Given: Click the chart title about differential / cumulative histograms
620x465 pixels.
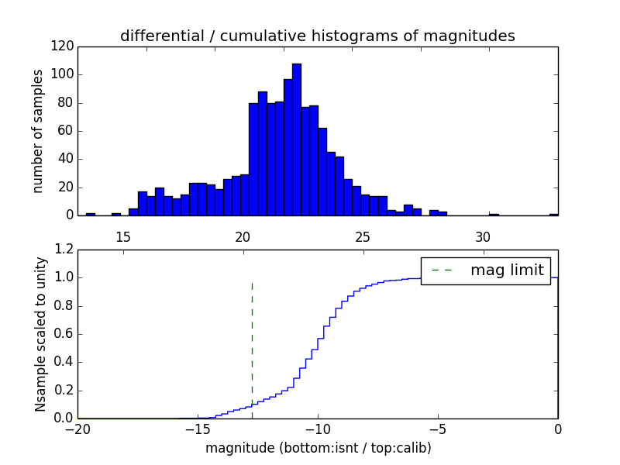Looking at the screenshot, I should click(x=317, y=36).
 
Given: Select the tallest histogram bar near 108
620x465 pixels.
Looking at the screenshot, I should click(x=297, y=139).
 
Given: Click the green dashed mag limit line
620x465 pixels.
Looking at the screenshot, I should click(x=252, y=349).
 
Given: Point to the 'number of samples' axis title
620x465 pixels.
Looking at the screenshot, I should click(x=38, y=131).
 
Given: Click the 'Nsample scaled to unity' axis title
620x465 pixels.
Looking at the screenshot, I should click(x=40, y=334).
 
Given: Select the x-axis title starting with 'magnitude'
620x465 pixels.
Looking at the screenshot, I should click(x=318, y=448).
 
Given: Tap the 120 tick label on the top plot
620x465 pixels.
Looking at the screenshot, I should click(x=64, y=46).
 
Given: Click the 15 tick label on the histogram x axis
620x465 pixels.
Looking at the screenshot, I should click(x=122, y=236).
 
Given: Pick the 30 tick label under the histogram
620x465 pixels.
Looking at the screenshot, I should click(x=483, y=236).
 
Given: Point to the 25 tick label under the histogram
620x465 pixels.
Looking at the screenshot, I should click(x=363, y=236).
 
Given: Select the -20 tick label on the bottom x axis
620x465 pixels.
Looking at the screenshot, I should click(x=77, y=429).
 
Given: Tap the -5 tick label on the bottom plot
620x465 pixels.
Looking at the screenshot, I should click(x=438, y=429).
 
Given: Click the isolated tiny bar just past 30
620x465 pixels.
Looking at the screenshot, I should click(x=494, y=214).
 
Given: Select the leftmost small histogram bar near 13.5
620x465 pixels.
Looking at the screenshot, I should click(x=91, y=214).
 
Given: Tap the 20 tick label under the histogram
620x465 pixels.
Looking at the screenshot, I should click(x=243, y=236).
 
